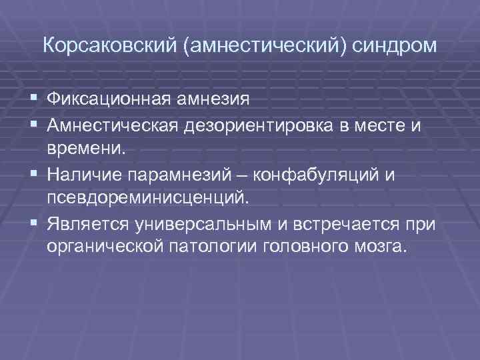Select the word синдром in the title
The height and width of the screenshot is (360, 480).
396,47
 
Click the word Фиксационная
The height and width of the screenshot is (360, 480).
110,100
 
